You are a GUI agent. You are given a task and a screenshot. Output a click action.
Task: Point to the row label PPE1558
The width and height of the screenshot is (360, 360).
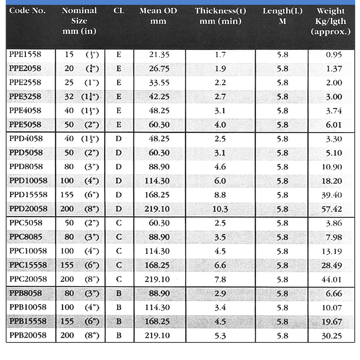click(x=25, y=54)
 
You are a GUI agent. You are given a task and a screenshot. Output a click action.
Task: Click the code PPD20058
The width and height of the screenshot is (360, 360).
click(x=28, y=209)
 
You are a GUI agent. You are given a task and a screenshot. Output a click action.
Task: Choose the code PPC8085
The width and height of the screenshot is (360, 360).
click(x=25, y=237)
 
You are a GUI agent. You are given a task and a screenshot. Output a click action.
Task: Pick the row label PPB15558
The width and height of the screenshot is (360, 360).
click(x=28, y=322)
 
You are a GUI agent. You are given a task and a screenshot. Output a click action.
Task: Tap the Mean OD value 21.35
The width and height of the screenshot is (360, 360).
click(x=159, y=55)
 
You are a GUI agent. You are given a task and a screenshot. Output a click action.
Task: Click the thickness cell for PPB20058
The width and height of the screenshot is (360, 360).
click(x=220, y=336)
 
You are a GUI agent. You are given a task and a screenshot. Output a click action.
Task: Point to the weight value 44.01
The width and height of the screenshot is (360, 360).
click(x=331, y=280)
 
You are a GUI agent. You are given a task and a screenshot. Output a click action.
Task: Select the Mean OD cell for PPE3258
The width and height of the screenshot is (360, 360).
click(x=159, y=97)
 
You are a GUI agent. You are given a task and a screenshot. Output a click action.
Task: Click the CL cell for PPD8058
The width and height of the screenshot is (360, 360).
click(x=119, y=167)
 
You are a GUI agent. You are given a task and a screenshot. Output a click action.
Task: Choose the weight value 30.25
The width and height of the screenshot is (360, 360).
click(x=331, y=336)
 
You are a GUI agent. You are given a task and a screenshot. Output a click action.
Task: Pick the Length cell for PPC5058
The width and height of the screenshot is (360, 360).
click(x=283, y=223)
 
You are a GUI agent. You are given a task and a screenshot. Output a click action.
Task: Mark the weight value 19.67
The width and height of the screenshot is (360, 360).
click(x=331, y=322)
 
